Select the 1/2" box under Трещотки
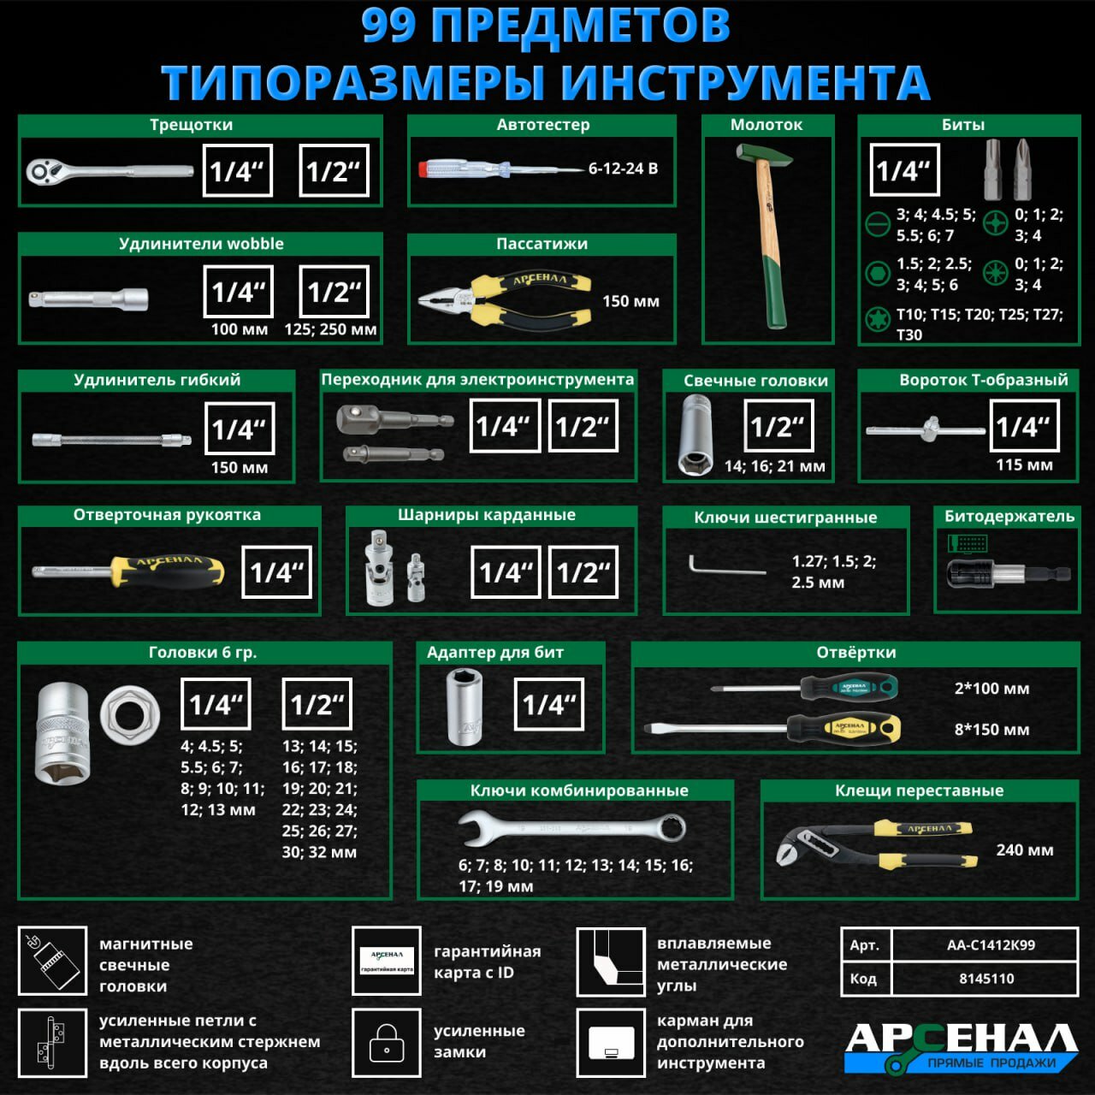click(x=334, y=171)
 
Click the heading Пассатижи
click(x=542, y=244)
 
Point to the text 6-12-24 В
click(x=623, y=169)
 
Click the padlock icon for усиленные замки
click(x=386, y=1043)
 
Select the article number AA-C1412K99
click(x=991, y=945)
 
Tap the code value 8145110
click(x=986, y=979)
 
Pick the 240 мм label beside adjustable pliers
click(x=1024, y=849)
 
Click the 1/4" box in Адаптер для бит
click(x=548, y=704)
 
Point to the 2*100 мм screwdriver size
click(x=991, y=689)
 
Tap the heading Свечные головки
click(x=755, y=381)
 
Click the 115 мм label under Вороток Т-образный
click(x=1024, y=465)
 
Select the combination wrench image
click(x=571, y=827)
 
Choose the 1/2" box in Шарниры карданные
click(x=583, y=572)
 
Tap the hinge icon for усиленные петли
click(x=52, y=1043)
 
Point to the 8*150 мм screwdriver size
click(x=991, y=730)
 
